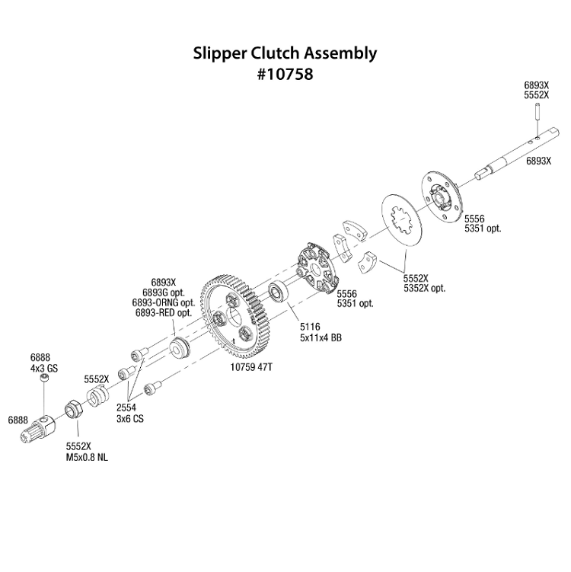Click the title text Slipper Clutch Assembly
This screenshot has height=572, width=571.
click(x=285, y=54)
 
